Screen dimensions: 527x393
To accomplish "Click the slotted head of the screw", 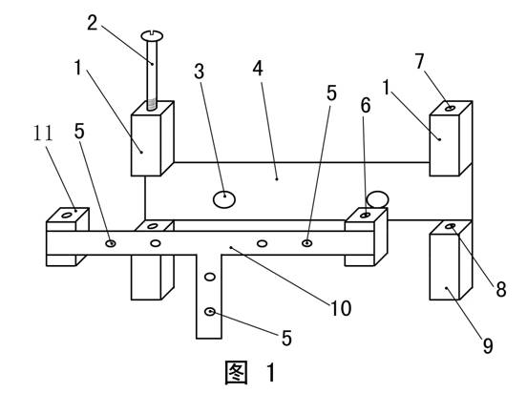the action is tap(152, 35).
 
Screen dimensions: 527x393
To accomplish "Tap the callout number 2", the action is tap(92, 23).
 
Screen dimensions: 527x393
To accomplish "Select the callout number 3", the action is tap(200, 72).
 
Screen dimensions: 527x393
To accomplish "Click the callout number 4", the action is tap(258, 69).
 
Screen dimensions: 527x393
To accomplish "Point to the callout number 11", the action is tap(43, 133).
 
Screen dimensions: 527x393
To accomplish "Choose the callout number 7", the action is tap(419, 61).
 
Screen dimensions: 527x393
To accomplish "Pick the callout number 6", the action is tap(366, 105).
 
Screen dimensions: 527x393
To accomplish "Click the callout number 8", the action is tap(501, 289).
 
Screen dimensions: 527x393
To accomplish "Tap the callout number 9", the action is tap(488, 345).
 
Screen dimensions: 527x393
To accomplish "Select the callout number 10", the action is tap(341, 308).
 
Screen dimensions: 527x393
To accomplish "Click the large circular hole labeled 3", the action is tap(224, 199).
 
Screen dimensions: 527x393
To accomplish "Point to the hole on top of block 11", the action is tap(67, 215).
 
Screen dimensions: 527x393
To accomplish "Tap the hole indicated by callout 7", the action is tap(450, 108).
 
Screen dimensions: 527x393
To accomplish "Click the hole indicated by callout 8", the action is tap(451, 226).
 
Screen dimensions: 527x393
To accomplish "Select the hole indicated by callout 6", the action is tap(366, 215).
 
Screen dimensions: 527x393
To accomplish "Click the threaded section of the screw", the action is tap(152, 105).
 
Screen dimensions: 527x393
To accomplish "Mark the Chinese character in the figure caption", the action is tap(236, 373).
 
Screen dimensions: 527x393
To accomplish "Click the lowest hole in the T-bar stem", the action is tap(210, 312).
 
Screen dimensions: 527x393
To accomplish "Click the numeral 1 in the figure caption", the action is tap(271, 373).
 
